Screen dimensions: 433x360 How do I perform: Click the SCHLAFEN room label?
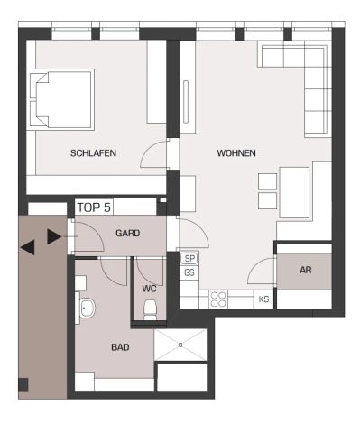point(93,153)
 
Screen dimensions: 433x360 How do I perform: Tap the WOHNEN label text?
point(236,153)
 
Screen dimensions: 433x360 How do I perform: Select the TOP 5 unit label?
point(94,207)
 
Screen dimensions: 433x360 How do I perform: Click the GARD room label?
point(127,233)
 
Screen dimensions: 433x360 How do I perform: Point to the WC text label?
point(150,289)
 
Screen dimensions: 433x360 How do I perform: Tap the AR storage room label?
point(305,270)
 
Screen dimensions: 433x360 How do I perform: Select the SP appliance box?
point(189,258)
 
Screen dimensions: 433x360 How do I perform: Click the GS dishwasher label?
point(189,272)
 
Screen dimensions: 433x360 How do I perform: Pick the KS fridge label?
point(263,299)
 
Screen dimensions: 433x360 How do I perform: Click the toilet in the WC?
point(151,312)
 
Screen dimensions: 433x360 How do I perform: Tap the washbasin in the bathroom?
point(87,310)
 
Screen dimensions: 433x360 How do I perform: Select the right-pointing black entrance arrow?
point(54,237)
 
